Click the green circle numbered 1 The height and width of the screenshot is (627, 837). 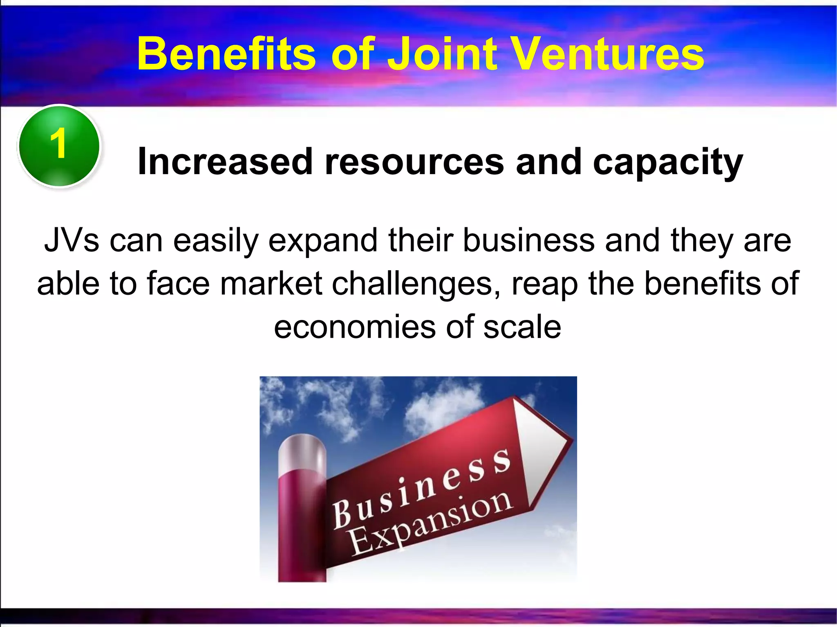point(59,146)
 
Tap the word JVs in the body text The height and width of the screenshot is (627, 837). point(72,241)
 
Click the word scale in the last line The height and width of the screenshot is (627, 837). point(522,327)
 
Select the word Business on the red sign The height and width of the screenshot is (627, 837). point(421,488)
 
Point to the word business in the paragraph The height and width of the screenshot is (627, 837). point(529,241)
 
